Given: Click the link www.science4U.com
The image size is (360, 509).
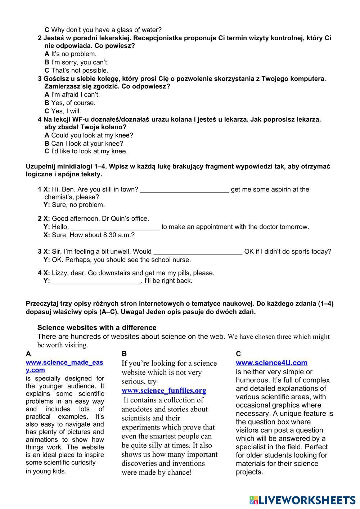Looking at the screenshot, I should [271, 363].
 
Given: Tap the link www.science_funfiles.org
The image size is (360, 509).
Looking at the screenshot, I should [164, 391].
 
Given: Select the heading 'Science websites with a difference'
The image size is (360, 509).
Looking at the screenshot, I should [97, 328].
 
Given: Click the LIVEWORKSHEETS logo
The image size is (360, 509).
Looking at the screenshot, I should [302, 500].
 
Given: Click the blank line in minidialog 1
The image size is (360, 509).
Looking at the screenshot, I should [184, 190].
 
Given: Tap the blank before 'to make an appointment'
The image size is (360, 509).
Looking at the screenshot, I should [115, 228].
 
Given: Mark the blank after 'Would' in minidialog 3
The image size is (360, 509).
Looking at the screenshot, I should [198, 252].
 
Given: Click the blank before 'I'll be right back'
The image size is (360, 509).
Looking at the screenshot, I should [96, 281].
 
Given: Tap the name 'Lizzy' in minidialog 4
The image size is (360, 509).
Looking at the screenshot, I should [59, 273].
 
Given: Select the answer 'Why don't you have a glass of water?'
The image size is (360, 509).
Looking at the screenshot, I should [106, 30].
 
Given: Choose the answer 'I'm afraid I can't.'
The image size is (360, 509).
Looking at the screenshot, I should [75, 95].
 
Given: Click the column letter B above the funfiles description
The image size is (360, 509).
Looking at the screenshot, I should [124, 354].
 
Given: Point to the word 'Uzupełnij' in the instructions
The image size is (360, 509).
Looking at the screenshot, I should [40, 167].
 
